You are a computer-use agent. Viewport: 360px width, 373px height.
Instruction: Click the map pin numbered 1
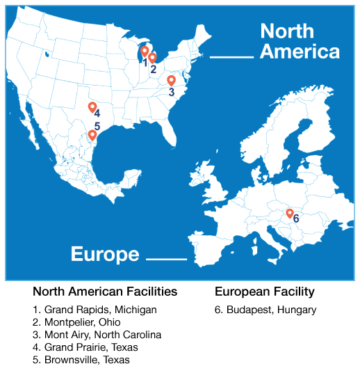pos(145,51)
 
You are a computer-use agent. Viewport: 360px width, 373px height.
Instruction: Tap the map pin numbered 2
pos(153,58)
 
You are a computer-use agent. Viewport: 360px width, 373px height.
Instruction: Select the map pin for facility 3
pos(171,80)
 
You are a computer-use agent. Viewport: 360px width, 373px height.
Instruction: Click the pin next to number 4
pos(92,106)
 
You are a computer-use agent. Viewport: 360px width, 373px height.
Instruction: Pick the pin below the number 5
pos(92,135)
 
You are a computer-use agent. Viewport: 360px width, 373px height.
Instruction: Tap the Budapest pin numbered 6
pos(290,213)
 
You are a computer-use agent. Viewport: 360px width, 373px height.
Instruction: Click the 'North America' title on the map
pos(300,41)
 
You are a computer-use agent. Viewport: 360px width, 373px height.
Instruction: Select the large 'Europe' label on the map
pos(105,254)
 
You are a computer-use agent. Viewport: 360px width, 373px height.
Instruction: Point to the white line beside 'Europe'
pos(167,260)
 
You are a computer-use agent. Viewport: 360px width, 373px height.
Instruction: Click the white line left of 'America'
pos(231,57)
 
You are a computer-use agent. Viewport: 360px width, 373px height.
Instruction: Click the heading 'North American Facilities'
pos(105,291)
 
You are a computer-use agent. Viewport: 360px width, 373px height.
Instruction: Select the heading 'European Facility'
pos(265,291)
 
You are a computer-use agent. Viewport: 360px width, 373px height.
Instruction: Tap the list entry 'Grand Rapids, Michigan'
pos(95,310)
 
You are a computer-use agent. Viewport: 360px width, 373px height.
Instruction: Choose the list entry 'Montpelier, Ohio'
pos(76,322)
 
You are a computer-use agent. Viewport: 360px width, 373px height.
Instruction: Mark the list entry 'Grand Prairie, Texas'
pos(85,347)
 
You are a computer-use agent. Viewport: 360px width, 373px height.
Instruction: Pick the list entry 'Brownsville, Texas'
pos(81,360)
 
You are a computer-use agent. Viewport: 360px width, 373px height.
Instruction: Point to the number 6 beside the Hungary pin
pos(296,219)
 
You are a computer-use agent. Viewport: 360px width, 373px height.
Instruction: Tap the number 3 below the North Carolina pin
pos(171,91)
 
